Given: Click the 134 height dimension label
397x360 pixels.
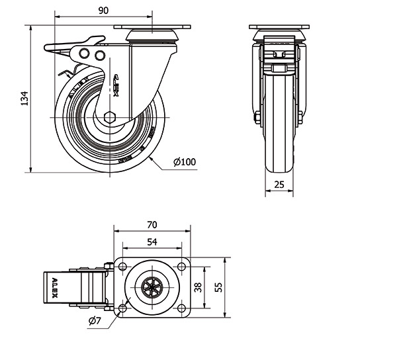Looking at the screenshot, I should point(24,98).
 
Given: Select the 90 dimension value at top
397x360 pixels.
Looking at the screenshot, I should point(103,10).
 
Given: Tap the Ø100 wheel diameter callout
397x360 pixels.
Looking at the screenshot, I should point(185,161).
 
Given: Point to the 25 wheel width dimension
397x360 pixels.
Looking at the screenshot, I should point(279,185).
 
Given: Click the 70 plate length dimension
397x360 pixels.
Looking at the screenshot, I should point(152,224).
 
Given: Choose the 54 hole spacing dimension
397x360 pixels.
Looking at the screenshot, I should point(152,242).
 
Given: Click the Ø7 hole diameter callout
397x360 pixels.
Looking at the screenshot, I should point(94,322).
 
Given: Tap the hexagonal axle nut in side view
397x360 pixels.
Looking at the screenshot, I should point(110,118).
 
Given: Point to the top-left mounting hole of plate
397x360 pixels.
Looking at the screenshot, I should point(122,266).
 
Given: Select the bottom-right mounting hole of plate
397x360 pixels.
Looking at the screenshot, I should point(181,309).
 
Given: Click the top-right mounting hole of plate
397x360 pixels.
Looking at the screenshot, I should point(181,266).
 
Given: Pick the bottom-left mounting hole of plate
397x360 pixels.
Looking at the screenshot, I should point(122,309).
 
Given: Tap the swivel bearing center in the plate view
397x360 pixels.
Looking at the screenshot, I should point(152,287).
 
